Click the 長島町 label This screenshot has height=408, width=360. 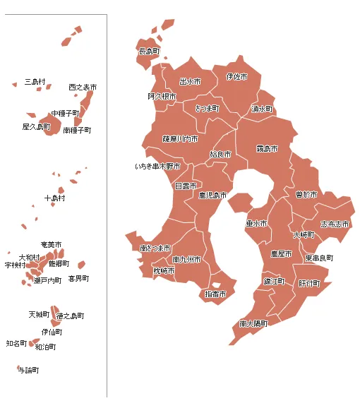149,52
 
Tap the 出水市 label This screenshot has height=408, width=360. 190,82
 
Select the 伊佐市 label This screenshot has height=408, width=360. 237,76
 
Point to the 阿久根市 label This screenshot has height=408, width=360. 162,96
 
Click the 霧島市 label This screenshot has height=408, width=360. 267,149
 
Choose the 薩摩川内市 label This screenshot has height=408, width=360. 180,139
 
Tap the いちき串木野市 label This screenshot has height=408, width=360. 158,167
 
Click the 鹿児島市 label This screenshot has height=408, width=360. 212,195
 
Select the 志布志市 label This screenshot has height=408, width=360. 335,224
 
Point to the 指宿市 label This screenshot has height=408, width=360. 215,294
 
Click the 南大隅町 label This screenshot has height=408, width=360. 253,324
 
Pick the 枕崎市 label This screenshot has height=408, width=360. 164,270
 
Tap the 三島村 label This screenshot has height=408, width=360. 35,82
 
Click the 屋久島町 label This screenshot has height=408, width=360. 37,127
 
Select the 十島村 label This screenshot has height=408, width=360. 54,198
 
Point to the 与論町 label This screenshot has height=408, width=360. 28,370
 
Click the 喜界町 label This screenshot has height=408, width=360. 78,279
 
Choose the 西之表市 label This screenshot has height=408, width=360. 83,87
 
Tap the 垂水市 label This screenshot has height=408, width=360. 256,224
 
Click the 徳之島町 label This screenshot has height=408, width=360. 70,316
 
